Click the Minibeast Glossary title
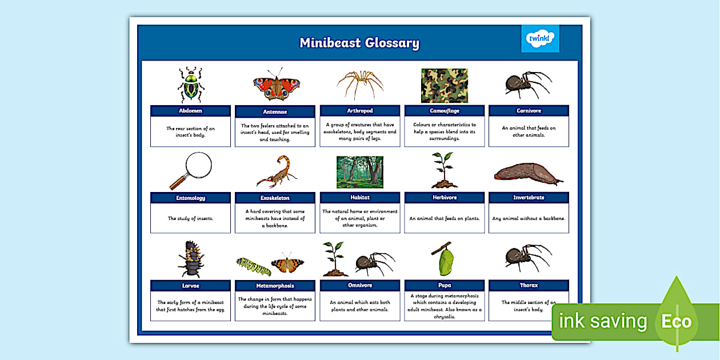pos(359,43)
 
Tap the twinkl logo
pos(540,39)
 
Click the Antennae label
pos(275,111)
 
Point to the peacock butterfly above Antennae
pos(277,86)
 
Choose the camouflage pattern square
pos(444,86)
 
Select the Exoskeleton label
pos(275,198)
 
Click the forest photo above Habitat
pos(360,172)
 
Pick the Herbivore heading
pos(444,198)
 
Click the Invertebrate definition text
pos(529,218)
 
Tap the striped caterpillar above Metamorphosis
pos(254,266)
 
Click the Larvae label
pos(190,285)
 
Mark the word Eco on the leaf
pos(677,321)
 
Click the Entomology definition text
pos(190,218)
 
